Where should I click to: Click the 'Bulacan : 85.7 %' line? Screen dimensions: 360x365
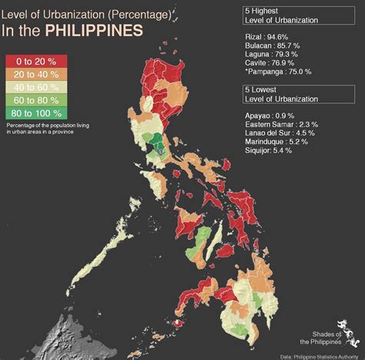coord(274,45)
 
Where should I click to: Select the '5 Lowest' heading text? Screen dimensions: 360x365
coord(261,92)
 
